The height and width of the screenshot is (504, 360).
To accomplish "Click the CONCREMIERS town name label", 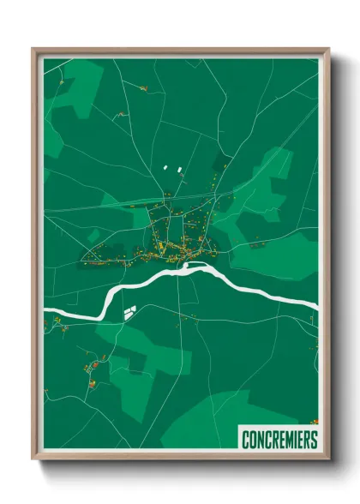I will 279,440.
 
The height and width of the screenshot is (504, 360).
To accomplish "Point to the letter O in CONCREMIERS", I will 253,440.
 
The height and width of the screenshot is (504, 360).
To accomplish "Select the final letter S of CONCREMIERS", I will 314,440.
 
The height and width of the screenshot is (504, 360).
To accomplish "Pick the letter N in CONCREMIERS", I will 261,440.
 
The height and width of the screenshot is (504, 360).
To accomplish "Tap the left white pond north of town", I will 165,168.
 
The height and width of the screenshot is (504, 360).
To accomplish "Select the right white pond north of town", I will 181,169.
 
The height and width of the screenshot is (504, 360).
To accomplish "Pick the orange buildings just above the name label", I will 314,422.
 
